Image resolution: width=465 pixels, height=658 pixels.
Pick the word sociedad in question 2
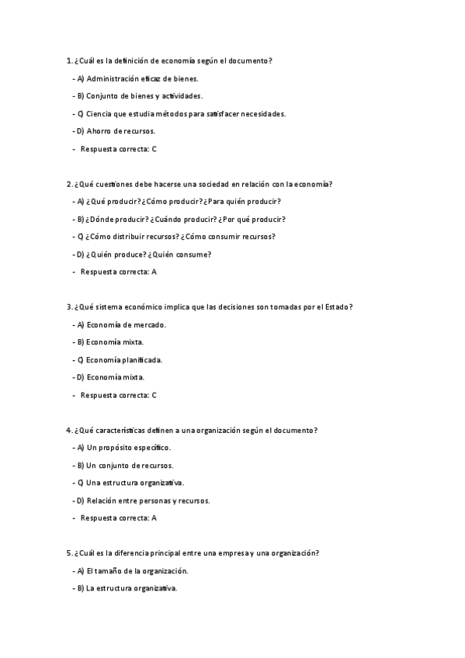[x=223, y=184]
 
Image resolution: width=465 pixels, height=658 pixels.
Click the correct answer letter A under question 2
[x=154, y=272]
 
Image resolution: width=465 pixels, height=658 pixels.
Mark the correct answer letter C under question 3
[x=154, y=395]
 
